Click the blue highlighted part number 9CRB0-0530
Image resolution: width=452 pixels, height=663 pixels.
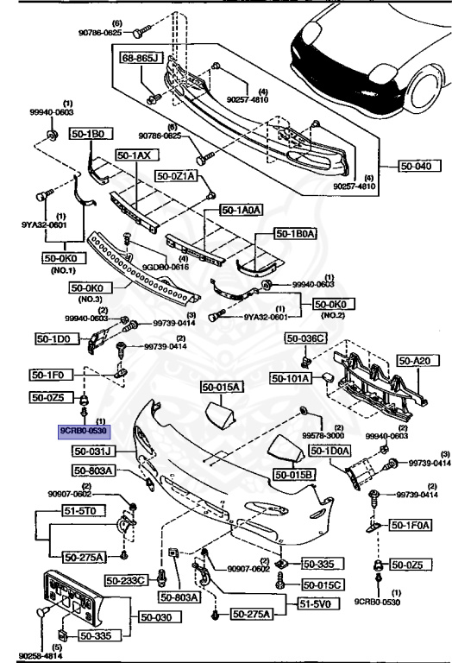point(83,430)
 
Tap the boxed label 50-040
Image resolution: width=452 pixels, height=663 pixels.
point(417,165)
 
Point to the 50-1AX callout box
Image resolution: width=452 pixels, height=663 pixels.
point(134,155)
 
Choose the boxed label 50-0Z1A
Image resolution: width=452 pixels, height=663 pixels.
point(177,175)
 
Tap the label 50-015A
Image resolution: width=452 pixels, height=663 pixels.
point(223,387)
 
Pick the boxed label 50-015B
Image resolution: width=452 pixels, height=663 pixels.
point(294,474)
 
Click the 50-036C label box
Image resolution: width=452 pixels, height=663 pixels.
point(307,338)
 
